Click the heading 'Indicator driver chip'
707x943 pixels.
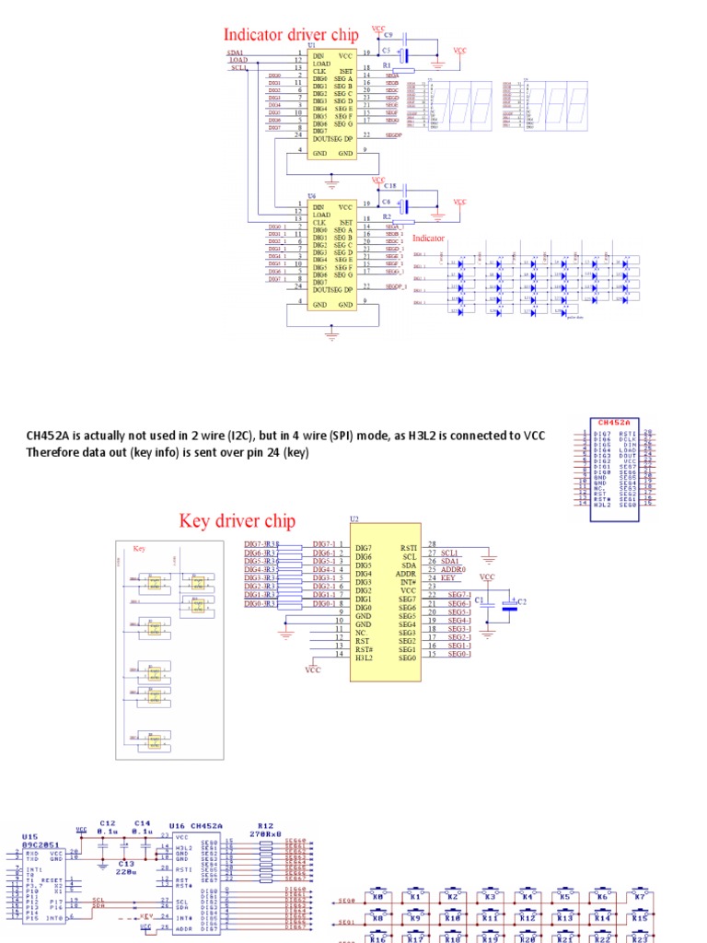[x=291, y=34]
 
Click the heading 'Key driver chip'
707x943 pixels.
[x=238, y=521]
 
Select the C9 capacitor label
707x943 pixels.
[x=388, y=36]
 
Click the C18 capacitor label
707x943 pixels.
[x=389, y=186]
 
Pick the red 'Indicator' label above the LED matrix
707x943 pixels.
[x=428, y=238]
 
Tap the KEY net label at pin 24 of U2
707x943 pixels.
[x=448, y=578]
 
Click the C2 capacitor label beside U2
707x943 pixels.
[x=522, y=601]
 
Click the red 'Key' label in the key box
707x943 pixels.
[x=140, y=548]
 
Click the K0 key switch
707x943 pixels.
[x=377, y=896]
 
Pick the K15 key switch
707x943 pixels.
[x=640, y=918]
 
